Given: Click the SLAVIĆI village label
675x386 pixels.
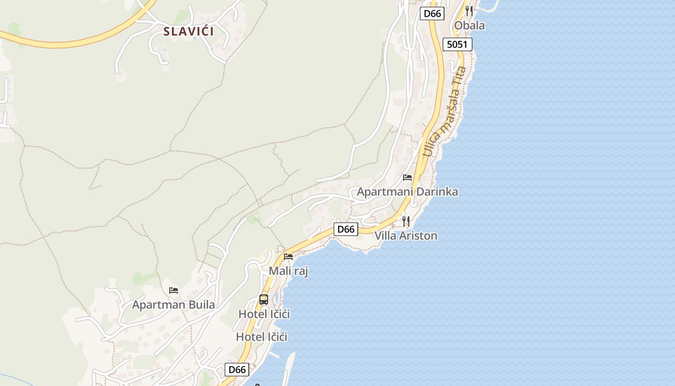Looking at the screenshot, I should [x=189, y=32].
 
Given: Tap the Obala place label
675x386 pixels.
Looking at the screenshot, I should [x=470, y=26].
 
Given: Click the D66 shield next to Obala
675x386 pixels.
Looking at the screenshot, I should [x=432, y=14].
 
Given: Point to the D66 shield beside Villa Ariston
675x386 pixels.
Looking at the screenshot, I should [x=346, y=229].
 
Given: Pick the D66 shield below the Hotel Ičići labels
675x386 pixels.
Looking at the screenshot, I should [x=237, y=370].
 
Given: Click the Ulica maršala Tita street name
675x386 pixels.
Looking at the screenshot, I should [x=445, y=111].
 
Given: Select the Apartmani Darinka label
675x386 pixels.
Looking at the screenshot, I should [x=407, y=192].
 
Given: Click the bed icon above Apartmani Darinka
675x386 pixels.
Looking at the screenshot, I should [x=407, y=178].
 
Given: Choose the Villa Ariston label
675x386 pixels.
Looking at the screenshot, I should [x=406, y=236].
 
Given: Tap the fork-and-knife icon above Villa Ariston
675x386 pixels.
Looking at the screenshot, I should [x=406, y=221].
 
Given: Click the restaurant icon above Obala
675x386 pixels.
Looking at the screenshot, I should [x=469, y=11].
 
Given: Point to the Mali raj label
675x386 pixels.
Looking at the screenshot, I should [x=288, y=271].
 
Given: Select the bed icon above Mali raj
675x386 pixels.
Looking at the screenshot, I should [x=288, y=257].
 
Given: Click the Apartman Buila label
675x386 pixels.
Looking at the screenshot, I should [x=174, y=305].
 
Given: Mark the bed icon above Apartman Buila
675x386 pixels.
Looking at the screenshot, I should [x=174, y=290].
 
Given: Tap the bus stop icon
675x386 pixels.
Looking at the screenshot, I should [x=264, y=299].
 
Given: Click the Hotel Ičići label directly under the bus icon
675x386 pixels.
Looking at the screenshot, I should [x=264, y=314].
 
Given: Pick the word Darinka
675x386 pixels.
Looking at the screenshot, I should [x=437, y=192].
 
